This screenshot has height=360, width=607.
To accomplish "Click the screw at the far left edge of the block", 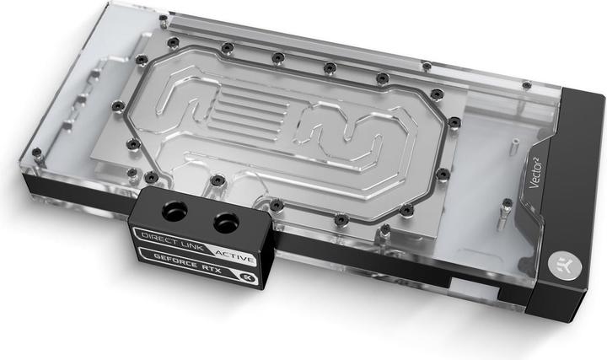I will coord(37,153).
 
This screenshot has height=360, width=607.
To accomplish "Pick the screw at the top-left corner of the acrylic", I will coord(163,17).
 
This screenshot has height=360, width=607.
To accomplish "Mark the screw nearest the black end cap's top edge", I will coord(527,84).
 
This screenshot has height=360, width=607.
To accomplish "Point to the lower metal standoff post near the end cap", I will coord(504,204).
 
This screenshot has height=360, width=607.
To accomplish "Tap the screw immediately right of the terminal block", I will coord(277,205).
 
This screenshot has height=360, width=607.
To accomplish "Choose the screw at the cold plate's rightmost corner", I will coord(455,122).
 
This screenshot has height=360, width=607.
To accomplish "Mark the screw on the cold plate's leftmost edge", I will coord(119,105).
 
